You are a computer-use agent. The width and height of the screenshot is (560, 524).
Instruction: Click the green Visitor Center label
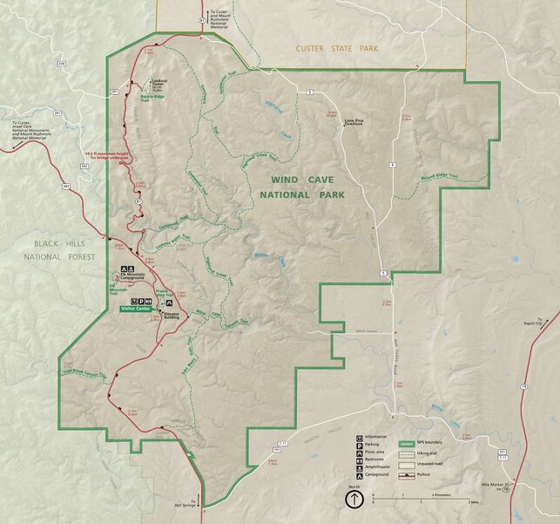tap(137, 309)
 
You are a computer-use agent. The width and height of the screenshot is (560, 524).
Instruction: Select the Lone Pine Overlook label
tap(353, 122)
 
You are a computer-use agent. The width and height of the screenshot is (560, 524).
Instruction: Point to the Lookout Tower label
tap(158, 84)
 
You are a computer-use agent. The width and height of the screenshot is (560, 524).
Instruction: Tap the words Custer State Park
tap(337, 50)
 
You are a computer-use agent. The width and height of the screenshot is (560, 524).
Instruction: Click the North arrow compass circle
tap(354, 500)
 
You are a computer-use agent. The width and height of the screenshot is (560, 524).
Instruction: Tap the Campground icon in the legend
tap(359, 475)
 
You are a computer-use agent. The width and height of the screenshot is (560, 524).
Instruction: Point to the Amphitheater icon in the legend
tap(359, 467)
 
